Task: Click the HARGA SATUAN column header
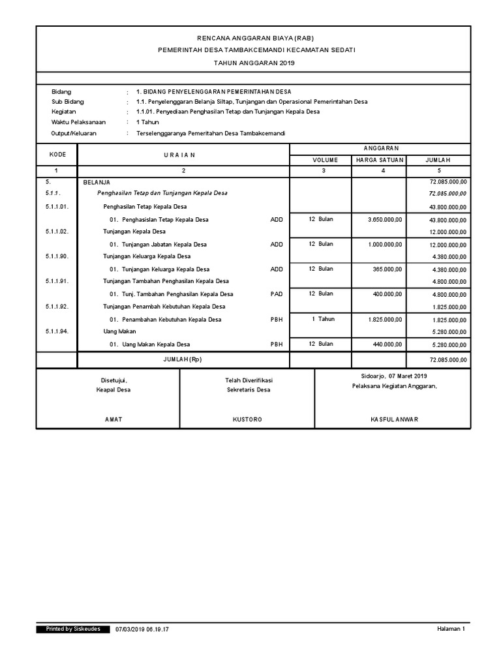tap(379, 160)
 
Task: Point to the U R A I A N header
tap(183, 155)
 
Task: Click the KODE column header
tap(56, 155)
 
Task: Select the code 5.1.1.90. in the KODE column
tap(57, 256)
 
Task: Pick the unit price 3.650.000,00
tap(385, 220)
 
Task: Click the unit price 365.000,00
tap(388, 269)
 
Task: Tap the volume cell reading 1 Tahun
tap(323, 319)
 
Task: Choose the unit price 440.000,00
tap(388, 344)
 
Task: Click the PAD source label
tap(277, 294)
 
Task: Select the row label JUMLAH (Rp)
tap(183, 360)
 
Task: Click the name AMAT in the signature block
tap(114, 419)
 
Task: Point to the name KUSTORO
tap(247, 419)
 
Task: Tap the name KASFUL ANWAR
tap(393, 419)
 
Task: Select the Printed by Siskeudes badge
tap(72, 629)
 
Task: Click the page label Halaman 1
tap(451, 629)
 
